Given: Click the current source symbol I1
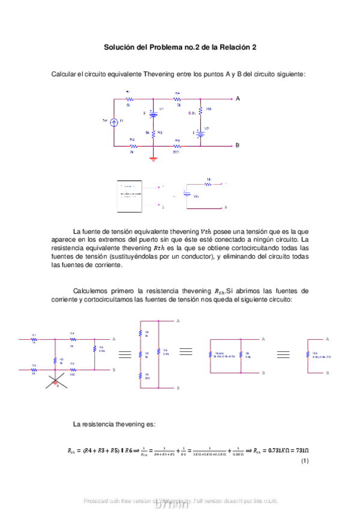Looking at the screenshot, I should click(114, 121).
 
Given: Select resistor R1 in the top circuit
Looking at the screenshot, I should click(128, 99).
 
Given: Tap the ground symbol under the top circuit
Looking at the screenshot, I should click(153, 159).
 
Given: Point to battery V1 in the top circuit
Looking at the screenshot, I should click(153, 112).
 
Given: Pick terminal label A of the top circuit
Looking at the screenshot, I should click(237, 98).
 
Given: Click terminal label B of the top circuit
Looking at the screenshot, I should click(237, 146).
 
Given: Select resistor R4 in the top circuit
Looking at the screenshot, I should click(178, 99).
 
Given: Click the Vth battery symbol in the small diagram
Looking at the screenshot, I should click(187, 195).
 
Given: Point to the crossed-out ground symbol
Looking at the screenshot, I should click(55, 383).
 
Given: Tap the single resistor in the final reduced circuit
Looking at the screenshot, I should click(308, 355).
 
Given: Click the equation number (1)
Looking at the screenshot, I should click(305, 461).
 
